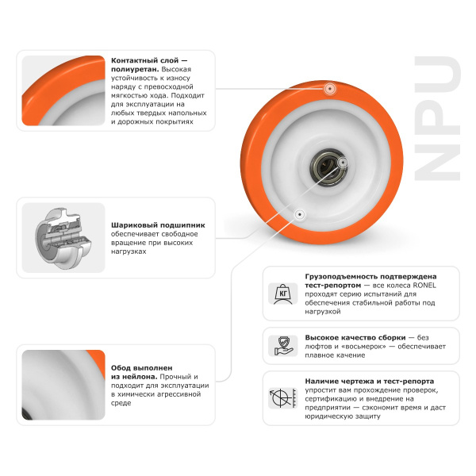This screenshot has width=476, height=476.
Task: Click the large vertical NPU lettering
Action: click(x=438, y=118)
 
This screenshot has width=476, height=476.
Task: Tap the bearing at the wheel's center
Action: click(x=328, y=167)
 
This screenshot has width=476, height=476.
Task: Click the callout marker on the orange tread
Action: click(x=329, y=89)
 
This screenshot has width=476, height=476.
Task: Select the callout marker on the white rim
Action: click(x=300, y=214)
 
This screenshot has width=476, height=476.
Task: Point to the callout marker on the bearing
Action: click(x=343, y=163)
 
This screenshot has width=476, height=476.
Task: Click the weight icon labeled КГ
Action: click(x=283, y=294)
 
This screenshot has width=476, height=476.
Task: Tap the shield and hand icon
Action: click(x=283, y=346)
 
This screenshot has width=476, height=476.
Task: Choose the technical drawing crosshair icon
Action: click(x=283, y=398)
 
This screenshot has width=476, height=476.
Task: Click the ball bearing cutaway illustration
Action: click(x=63, y=238)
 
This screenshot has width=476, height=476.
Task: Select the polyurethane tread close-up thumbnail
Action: click(x=63, y=90)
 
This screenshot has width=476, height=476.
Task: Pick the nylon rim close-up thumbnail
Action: click(x=63, y=385)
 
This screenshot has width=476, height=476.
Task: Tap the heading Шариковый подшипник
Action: click(x=158, y=225)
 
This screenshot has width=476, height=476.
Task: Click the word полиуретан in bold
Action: click(x=135, y=70)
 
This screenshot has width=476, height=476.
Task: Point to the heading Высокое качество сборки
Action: click(x=355, y=338)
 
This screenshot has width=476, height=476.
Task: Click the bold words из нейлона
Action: click(x=134, y=377)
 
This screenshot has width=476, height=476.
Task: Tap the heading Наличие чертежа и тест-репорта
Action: click(x=370, y=382)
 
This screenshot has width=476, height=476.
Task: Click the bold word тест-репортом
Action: click(x=333, y=286)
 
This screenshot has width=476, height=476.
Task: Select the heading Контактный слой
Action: click(x=145, y=60)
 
